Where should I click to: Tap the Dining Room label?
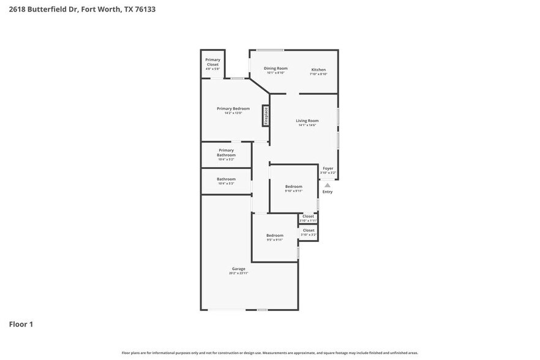pos(276,69)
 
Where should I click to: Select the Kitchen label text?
pos(318,70)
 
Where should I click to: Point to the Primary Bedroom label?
pos(233,108)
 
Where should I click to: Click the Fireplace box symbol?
pos(266,116)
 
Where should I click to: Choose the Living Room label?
pos(307,121)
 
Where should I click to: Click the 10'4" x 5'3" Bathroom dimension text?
pos(226,184)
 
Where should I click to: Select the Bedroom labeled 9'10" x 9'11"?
pos(293,186)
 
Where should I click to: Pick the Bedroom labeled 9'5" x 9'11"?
pos(274,235)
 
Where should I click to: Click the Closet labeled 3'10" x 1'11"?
pos(308,216)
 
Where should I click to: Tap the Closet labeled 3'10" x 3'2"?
pos(308,231)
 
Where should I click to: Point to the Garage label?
pos(238,268)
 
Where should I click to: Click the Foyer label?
pos(328,168)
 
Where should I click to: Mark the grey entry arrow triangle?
pos(328,185)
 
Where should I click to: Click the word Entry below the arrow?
pos(328,192)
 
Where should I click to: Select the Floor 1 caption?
pos(21,324)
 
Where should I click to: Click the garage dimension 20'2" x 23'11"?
pos(238,273)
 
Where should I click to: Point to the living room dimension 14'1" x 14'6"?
pos(307,126)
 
